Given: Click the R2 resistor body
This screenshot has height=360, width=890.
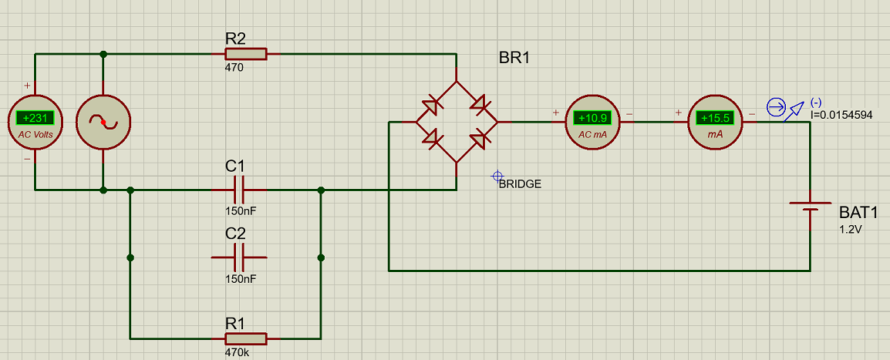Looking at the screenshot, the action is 246,54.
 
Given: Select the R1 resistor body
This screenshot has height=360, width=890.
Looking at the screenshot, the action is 246,338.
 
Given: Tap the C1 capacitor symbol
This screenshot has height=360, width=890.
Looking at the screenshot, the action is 239,190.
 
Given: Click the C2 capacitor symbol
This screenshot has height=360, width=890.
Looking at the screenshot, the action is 239,257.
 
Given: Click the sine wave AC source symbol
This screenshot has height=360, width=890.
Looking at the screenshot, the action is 103,122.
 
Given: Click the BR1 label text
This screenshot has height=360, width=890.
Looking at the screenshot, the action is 514,58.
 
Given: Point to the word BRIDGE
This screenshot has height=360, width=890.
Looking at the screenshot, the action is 520,183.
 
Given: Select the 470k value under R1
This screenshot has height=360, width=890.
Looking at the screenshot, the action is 237,352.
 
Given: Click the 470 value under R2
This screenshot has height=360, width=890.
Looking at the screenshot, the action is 234,68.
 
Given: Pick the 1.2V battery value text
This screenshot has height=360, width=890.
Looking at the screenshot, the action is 851,230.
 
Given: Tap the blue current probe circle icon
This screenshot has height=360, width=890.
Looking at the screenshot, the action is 776,106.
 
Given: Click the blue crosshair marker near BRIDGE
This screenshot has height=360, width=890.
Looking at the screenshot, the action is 497,176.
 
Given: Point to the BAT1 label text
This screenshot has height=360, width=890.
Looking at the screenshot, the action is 859,214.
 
